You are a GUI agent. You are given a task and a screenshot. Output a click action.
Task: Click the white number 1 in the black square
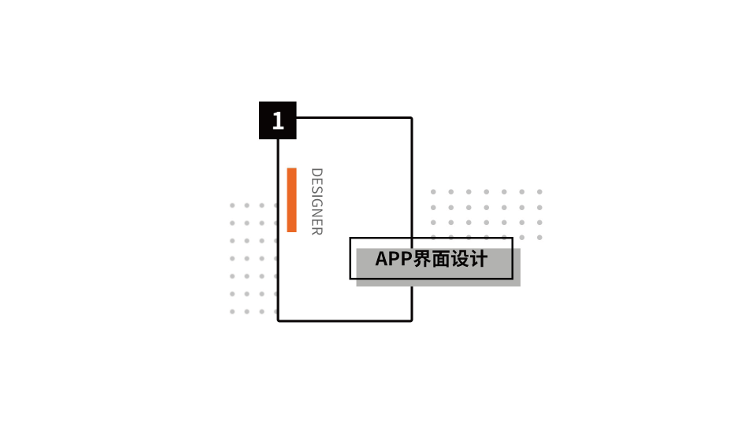(x=277, y=120)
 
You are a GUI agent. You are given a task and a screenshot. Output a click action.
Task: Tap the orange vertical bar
(x=291, y=200)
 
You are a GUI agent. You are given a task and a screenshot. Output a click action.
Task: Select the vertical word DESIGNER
(x=317, y=201)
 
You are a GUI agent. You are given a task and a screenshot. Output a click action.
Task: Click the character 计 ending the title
(x=479, y=259)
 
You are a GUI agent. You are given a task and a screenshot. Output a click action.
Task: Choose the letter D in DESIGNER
(x=317, y=172)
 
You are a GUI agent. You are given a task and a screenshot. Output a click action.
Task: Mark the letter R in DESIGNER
(x=317, y=231)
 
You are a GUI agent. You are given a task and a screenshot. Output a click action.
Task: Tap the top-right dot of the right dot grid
(x=539, y=191)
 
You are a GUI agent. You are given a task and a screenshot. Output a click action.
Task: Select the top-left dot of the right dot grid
(x=433, y=191)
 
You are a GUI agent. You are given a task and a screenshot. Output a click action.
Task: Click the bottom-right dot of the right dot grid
(x=539, y=237)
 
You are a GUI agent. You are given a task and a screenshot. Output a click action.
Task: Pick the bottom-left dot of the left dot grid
(x=232, y=312)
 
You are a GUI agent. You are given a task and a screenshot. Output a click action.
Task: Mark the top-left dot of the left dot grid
(x=232, y=205)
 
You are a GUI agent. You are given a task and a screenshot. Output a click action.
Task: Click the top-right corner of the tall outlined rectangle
(x=411, y=118)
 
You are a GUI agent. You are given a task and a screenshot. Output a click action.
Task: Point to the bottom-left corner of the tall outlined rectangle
(x=278, y=320)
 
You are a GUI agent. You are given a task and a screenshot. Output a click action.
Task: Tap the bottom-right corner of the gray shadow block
(x=519, y=285)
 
